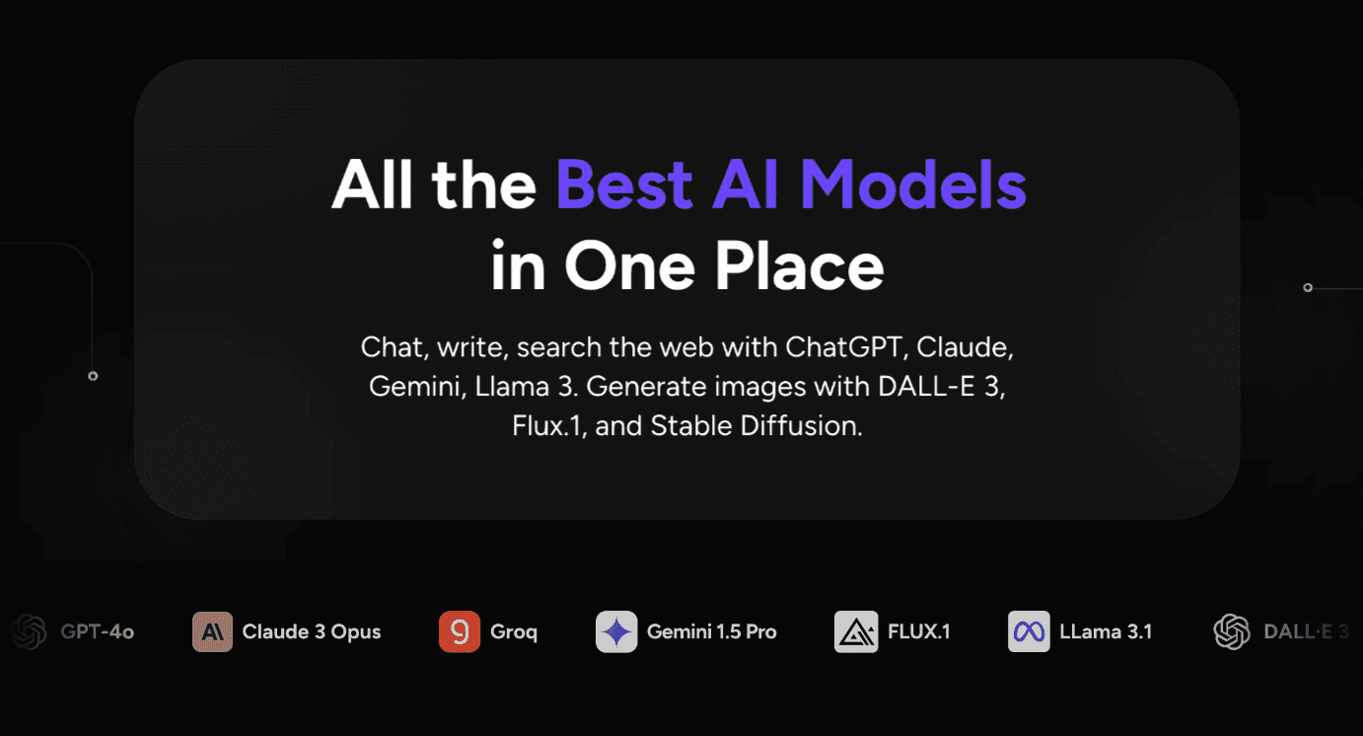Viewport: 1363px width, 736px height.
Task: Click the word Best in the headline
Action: coord(624,184)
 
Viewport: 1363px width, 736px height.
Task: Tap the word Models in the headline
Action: coord(913,184)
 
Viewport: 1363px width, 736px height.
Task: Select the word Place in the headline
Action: coord(798,266)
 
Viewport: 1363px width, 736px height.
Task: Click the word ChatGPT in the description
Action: coord(843,347)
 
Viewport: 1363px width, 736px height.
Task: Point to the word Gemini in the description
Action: coord(414,386)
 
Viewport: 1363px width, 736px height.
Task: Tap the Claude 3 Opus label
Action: coord(312,631)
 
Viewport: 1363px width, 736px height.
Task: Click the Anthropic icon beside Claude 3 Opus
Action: coord(212,631)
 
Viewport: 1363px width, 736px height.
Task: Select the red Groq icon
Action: coord(460,631)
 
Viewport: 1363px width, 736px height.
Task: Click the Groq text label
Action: coord(514,632)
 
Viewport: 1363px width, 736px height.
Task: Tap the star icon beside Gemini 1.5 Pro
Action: coord(616,631)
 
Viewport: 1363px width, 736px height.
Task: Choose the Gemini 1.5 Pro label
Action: coord(712,631)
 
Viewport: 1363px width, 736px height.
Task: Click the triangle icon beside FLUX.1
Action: coord(856,631)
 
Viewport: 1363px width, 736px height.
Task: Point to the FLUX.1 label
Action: coord(919,631)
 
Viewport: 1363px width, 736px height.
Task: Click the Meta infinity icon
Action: coord(1029,631)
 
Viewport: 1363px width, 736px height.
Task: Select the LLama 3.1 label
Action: coord(1106,631)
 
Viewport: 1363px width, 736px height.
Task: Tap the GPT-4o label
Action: coord(98,631)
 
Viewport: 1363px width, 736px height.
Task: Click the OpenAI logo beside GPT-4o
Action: coord(30,631)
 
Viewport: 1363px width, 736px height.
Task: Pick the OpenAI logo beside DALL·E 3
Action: coord(1232,631)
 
